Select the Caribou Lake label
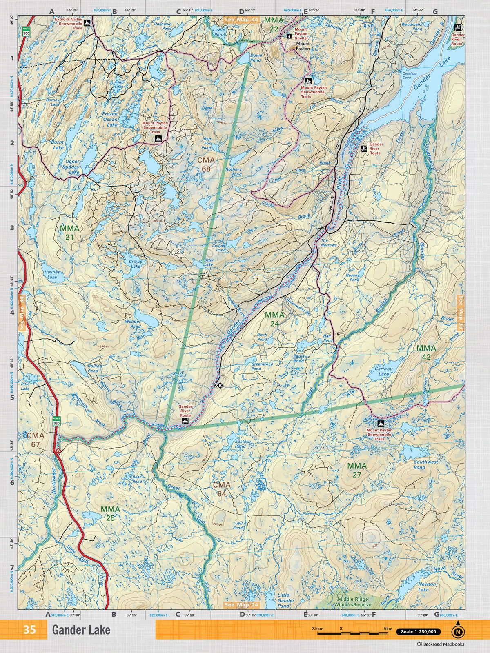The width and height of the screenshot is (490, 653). (383, 371)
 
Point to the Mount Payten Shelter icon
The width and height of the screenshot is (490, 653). (289, 36)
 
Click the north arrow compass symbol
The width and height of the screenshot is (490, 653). (458, 632)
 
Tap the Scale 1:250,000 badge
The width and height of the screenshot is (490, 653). (418, 632)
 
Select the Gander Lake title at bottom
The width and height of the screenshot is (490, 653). (81, 630)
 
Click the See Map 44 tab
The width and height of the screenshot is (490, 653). (241, 19)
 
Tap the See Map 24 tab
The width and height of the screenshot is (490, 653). (241, 604)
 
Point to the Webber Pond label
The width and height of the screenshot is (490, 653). (133, 324)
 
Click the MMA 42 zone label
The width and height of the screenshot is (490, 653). (426, 352)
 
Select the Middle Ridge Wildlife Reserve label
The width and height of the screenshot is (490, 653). (354, 602)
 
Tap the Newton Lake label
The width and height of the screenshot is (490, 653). (427, 586)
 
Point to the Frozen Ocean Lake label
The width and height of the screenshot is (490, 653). (109, 119)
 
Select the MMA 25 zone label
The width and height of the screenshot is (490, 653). (110, 513)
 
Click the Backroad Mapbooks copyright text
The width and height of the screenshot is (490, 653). (441, 644)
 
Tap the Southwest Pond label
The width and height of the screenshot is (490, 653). (425, 464)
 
